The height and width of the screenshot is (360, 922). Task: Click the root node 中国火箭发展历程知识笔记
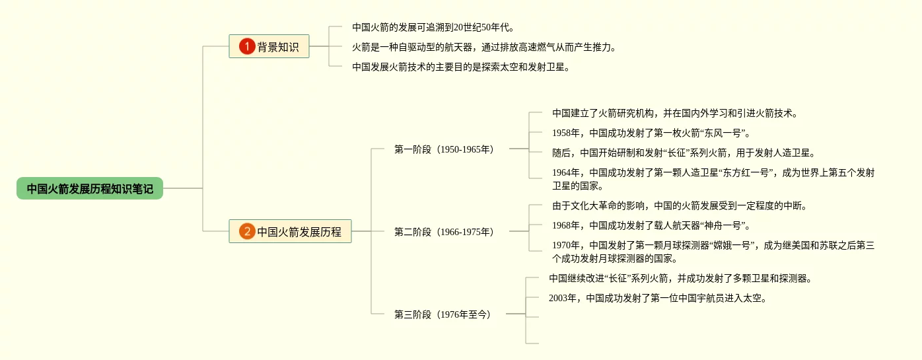(90, 189)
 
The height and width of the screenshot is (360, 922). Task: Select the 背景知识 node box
(269, 47)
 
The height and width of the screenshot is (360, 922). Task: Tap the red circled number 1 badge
(247, 47)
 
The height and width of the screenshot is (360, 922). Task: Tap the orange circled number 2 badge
(247, 232)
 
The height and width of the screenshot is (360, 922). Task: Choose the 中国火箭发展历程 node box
(291, 232)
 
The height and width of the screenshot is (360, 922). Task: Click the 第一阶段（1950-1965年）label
(444, 149)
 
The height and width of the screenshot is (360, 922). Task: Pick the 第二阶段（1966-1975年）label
(444, 232)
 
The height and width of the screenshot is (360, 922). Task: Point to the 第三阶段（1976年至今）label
(443, 314)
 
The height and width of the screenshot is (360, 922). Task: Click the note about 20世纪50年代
(433, 28)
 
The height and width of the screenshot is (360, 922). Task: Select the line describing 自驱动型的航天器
(484, 48)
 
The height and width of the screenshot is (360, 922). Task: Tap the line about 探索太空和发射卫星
(460, 67)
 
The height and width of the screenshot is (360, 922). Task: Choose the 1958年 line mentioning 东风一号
(651, 133)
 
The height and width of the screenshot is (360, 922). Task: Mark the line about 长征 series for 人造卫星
(684, 153)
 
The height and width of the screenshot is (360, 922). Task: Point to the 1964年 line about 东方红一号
(713, 179)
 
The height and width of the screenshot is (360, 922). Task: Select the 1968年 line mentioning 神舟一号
(651, 225)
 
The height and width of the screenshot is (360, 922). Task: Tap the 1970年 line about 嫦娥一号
(713, 252)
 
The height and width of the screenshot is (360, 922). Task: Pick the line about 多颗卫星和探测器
(680, 278)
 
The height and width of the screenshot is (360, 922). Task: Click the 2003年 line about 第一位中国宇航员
(658, 298)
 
